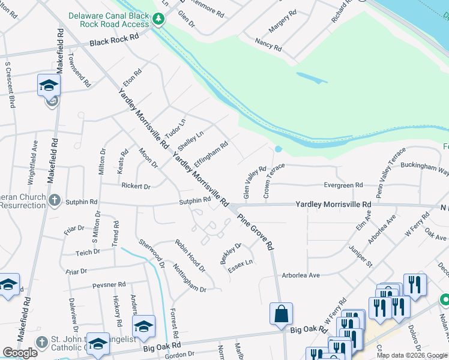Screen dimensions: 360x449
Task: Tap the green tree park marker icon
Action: point(158,20)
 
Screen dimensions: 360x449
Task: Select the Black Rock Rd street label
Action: point(114,40)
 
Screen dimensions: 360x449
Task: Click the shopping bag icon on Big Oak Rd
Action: point(281,313)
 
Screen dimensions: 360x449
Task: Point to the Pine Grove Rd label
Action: point(256,231)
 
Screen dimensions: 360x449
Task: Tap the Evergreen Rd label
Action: point(343,185)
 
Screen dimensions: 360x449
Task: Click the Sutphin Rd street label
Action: point(194,201)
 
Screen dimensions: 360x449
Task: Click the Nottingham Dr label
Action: point(190,277)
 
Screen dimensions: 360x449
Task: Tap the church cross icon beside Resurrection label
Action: point(55,200)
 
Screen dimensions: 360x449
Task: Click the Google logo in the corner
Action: point(20,353)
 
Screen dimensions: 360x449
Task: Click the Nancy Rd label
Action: point(268,43)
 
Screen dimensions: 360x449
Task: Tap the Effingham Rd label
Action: point(211,154)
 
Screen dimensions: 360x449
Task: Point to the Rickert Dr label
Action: point(136,186)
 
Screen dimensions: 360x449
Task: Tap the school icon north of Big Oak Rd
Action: point(143,326)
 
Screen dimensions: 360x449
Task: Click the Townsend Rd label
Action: point(79,71)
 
